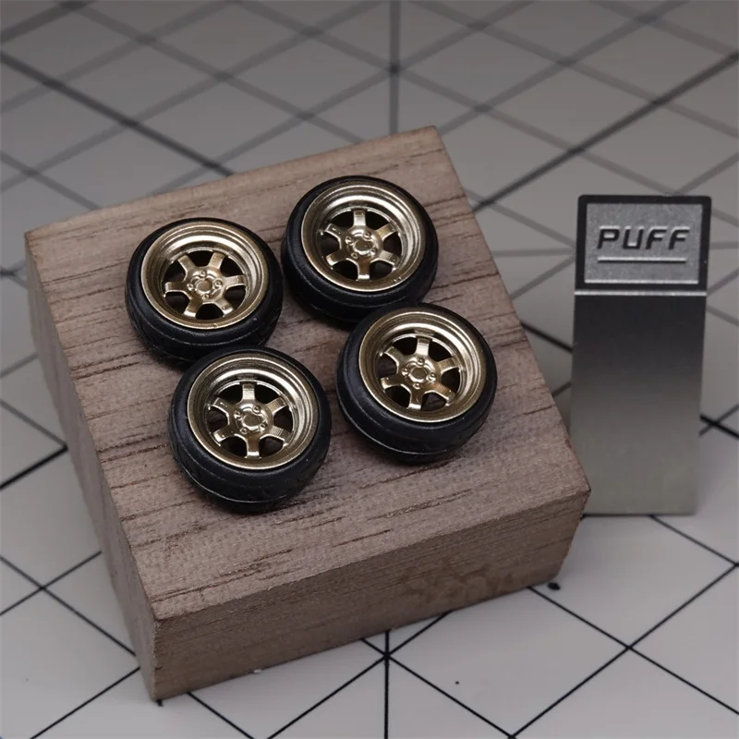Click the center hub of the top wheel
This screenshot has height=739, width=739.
(359, 244)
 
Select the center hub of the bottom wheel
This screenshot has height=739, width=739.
(248, 419)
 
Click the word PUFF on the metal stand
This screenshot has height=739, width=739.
(643, 238)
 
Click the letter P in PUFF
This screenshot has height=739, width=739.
(608, 238)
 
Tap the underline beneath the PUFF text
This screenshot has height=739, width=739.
(641, 260)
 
